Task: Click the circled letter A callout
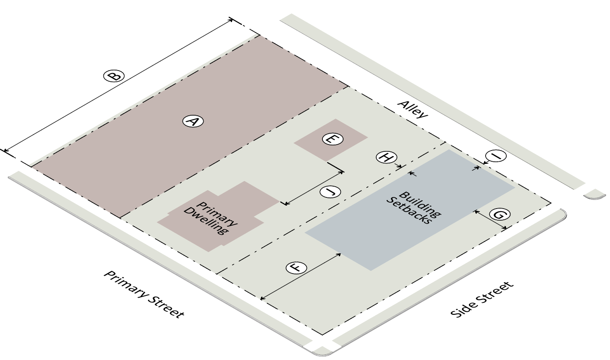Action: point(193,121)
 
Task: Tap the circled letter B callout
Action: point(114,76)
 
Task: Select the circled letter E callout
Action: point(332,139)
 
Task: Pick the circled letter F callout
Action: point(296,268)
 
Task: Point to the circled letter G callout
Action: point(499,214)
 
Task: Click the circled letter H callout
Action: point(386,157)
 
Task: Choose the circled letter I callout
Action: point(495,156)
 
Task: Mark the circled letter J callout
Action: point(330,192)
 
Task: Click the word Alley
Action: point(412,109)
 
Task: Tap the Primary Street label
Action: point(144,294)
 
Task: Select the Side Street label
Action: point(482,299)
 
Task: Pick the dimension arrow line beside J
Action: point(315,188)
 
